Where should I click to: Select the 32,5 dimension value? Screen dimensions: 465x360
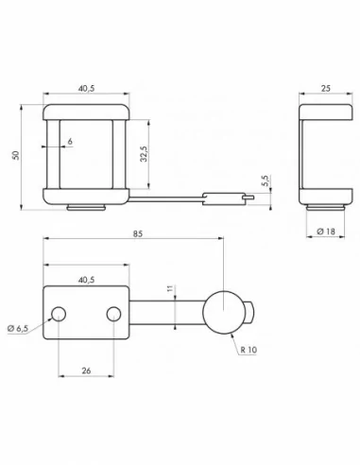point(143,150)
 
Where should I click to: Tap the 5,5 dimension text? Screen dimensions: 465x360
point(266,179)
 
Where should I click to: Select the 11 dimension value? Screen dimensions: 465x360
point(172,290)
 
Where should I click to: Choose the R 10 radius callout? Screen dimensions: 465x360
point(249,350)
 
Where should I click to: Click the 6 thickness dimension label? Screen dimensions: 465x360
point(70,141)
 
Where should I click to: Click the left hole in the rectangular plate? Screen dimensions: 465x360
point(59,313)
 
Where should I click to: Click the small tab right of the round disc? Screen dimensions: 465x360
point(249,310)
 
